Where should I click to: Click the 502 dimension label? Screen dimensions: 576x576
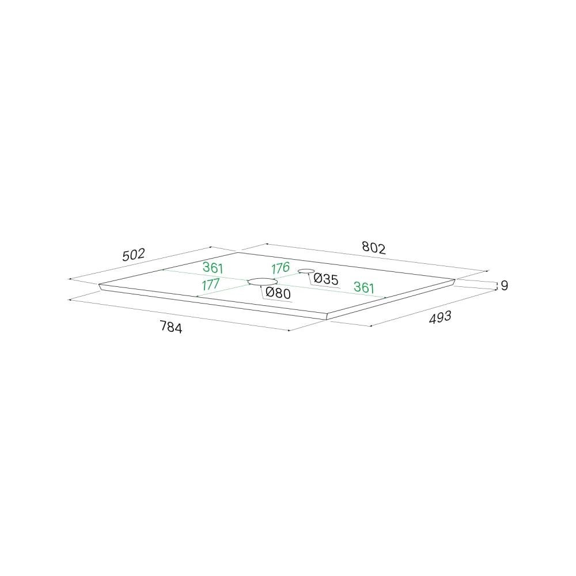click(134, 255)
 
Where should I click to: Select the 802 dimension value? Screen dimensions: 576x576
click(374, 248)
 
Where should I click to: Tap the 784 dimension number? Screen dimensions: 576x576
click(171, 327)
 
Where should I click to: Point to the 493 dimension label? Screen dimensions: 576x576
click(440, 317)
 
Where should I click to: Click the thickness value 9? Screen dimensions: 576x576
click(505, 286)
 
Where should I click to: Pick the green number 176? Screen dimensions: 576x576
click(281, 268)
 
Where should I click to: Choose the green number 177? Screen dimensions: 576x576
click(210, 285)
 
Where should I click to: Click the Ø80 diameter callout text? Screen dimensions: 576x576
click(278, 293)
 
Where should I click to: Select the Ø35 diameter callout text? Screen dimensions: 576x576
click(326, 279)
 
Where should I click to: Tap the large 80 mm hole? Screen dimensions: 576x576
click(262, 282)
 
